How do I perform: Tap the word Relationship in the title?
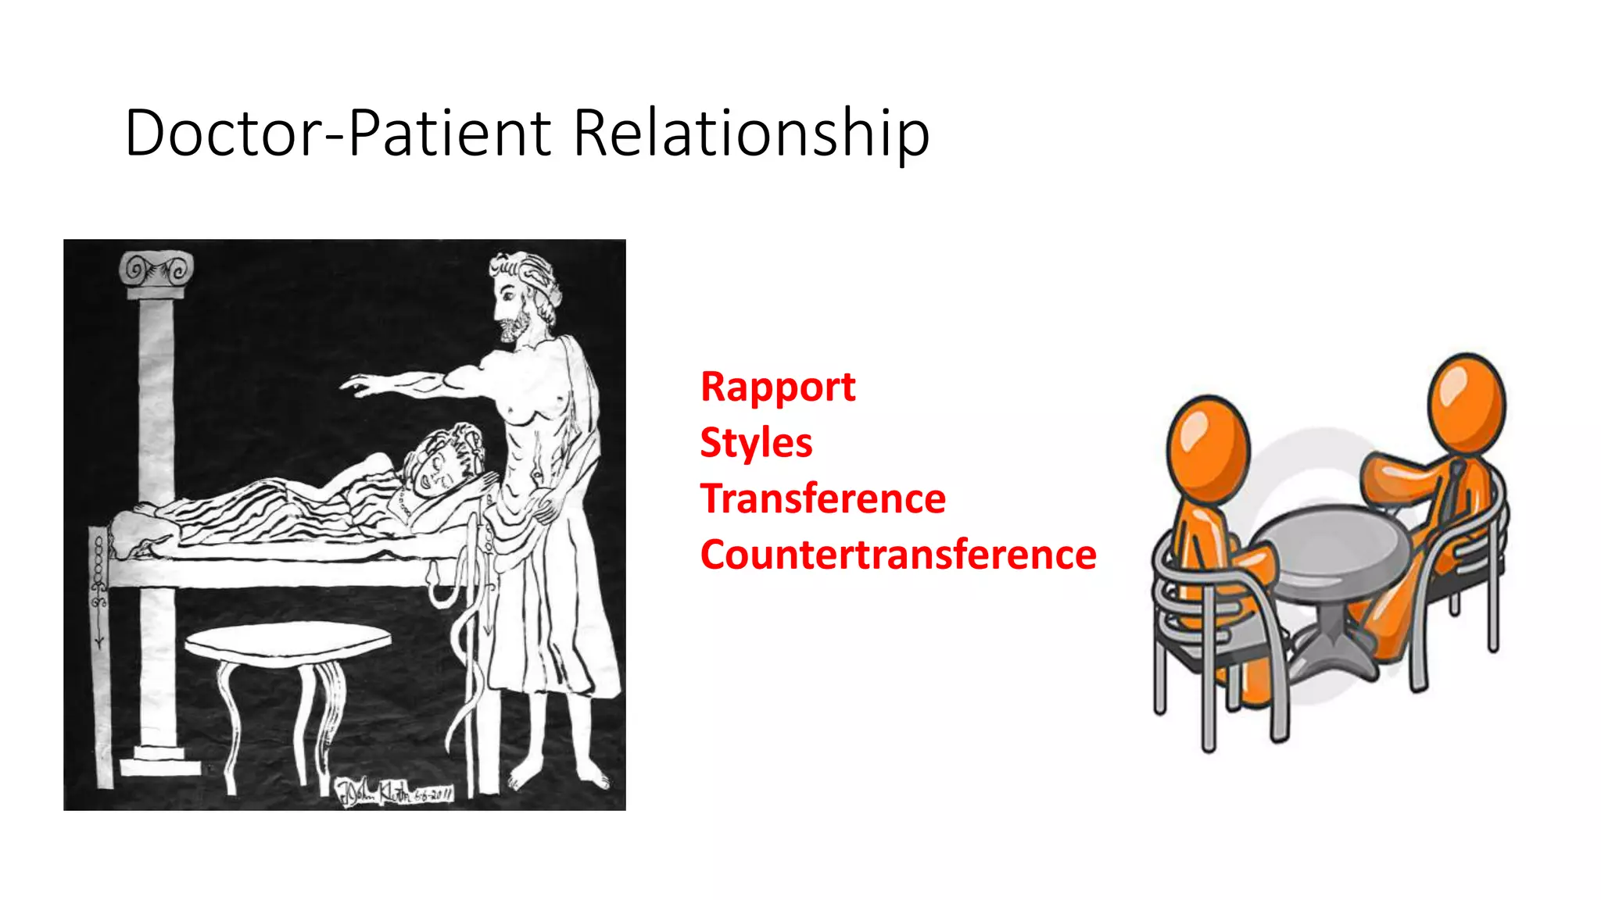point(750,133)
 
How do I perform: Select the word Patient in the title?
point(449,133)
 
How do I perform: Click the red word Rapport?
point(777,387)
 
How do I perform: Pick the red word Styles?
point(755,443)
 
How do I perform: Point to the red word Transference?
point(822,499)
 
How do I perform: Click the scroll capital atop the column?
point(156,272)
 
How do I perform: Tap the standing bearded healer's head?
point(522,293)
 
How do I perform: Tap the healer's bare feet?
point(559,777)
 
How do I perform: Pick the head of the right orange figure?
point(1466,402)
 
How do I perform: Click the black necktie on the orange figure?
point(1452,492)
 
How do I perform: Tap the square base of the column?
point(159,761)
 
